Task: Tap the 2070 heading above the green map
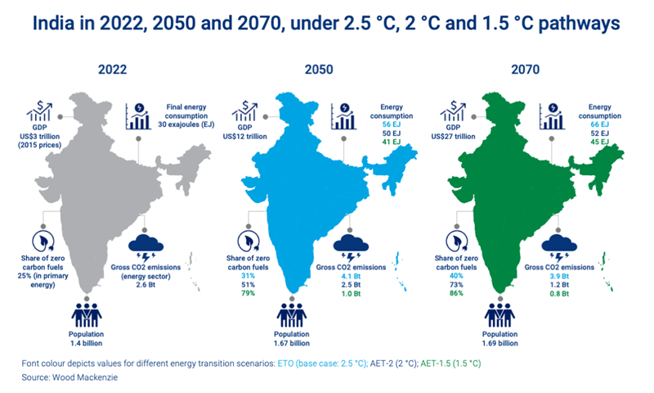coord(540,70)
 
